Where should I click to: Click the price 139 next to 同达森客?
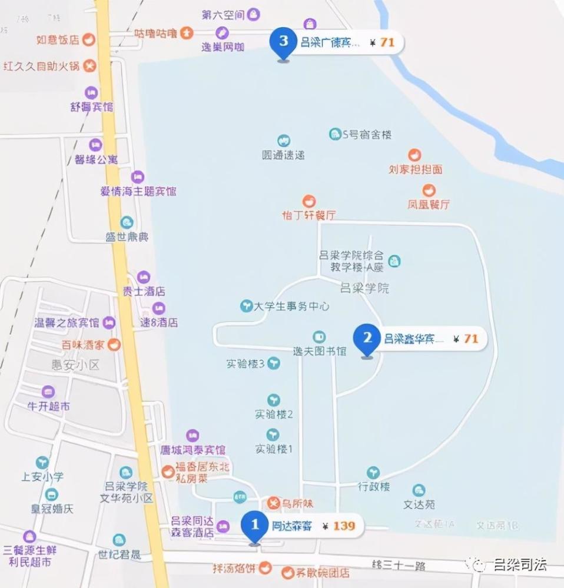point(344,526)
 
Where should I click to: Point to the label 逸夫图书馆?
point(320,351)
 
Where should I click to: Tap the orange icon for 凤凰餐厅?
point(429,191)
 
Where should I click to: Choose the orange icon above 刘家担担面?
point(415,155)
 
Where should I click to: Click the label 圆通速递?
point(283,155)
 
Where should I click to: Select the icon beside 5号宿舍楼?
point(335,134)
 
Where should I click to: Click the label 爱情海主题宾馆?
point(138,191)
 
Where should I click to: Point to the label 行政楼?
point(374,487)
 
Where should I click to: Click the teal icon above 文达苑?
point(419,490)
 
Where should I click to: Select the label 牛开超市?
point(49,406)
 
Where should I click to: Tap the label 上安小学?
point(42,476)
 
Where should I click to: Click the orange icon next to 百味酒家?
point(114,344)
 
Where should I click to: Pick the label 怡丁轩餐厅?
point(308,215)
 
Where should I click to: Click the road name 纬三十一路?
point(399,566)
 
